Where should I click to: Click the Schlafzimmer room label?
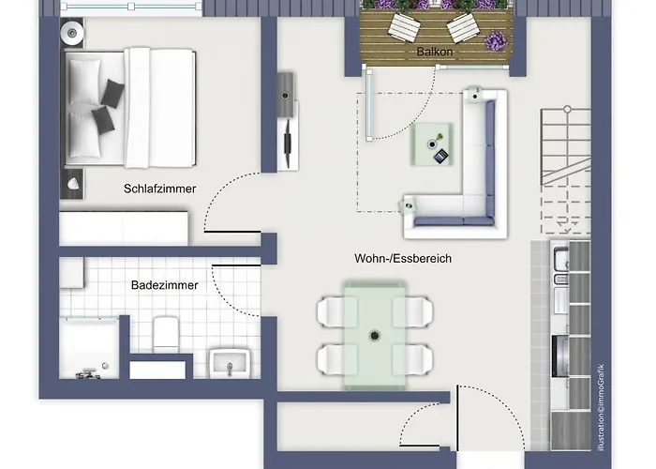pyautogui.click(x=159, y=189)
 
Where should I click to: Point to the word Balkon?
pyautogui.click(x=435, y=53)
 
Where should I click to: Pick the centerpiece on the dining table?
pyautogui.click(x=375, y=333)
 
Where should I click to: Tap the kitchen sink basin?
pyautogui.click(x=560, y=264)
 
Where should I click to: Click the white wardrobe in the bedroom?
pyautogui.click(x=124, y=228)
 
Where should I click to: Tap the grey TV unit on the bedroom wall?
pyautogui.click(x=288, y=119)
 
